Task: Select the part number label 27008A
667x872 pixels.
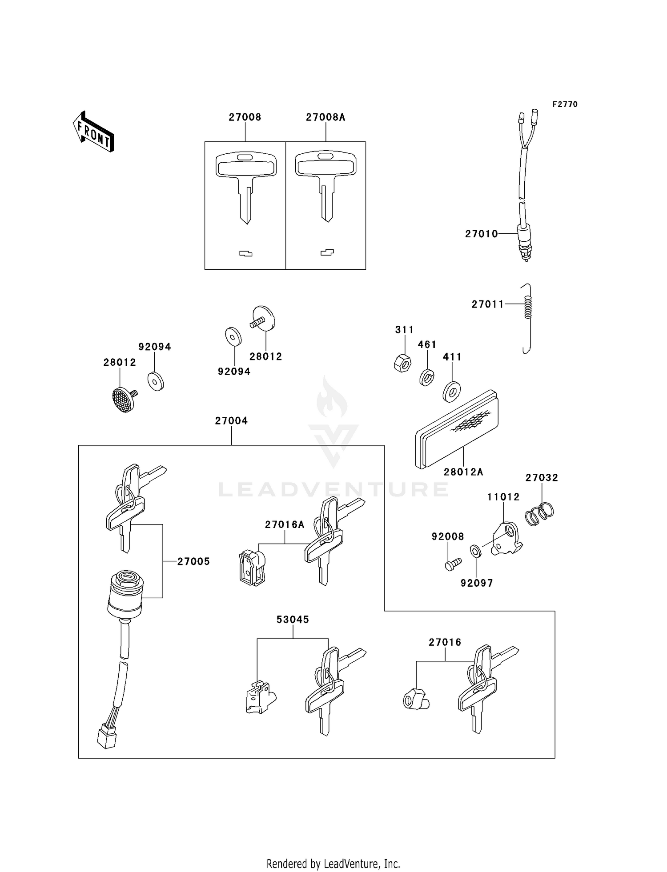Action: pos(325,117)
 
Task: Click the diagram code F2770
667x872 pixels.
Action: pos(565,104)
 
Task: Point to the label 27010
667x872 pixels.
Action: pos(481,234)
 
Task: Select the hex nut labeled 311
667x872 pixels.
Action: pos(402,363)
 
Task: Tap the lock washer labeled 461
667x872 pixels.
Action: pos(427,377)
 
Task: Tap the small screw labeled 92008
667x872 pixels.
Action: pos(452,564)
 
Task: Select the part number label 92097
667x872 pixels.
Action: pos(477,583)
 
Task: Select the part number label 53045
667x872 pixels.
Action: pos(292,620)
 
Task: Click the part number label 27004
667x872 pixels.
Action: pos(231,421)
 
